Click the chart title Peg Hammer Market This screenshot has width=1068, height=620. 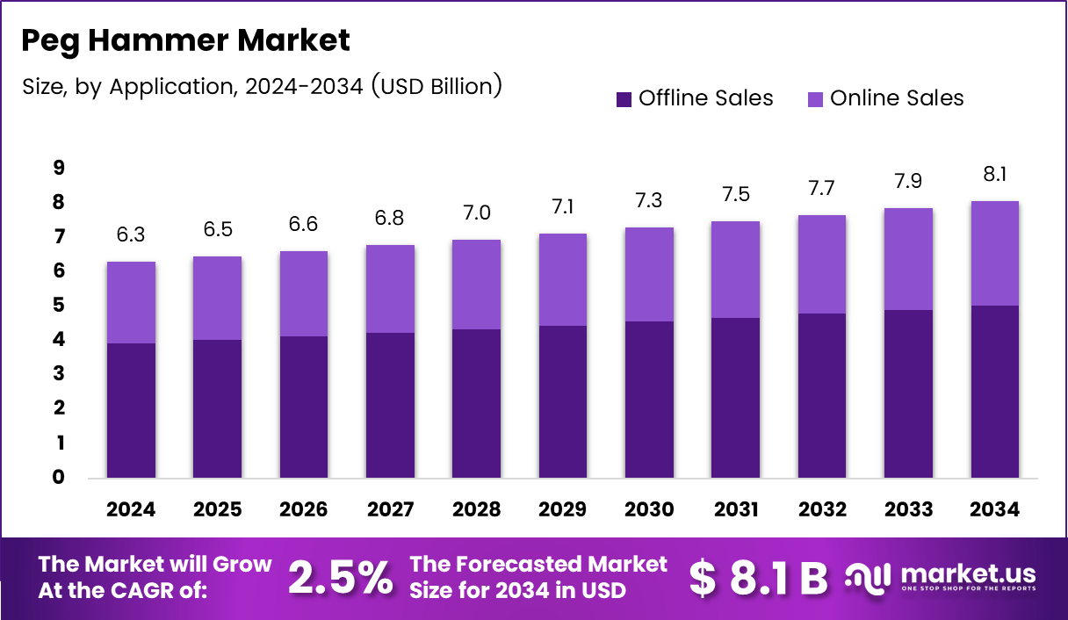coord(185,40)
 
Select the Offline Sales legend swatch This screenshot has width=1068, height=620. coord(624,99)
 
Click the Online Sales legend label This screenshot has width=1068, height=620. coord(897,98)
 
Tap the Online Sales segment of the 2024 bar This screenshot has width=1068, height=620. coord(131,302)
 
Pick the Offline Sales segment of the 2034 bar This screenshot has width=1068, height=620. coord(995,392)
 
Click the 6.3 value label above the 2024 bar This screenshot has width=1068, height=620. coord(131,235)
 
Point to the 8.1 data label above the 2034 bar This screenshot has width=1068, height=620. coord(995,175)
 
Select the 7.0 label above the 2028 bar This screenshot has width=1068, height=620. coord(476,213)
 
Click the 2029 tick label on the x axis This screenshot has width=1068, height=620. coord(563,509)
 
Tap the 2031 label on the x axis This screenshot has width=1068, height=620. coord(736,509)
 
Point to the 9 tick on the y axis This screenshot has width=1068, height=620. coord(60,168)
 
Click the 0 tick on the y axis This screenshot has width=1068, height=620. coord(60,478)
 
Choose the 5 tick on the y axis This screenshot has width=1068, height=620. coord(60,306)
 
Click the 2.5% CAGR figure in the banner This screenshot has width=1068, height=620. coord(341,577)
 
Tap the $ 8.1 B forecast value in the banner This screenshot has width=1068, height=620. coord(758,577)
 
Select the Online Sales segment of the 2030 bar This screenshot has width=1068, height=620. coord(649,274)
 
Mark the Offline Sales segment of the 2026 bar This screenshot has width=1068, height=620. coord(304,407)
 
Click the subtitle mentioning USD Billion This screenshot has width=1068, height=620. coord(261,86)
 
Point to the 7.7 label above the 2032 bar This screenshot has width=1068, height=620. coord(822,188)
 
